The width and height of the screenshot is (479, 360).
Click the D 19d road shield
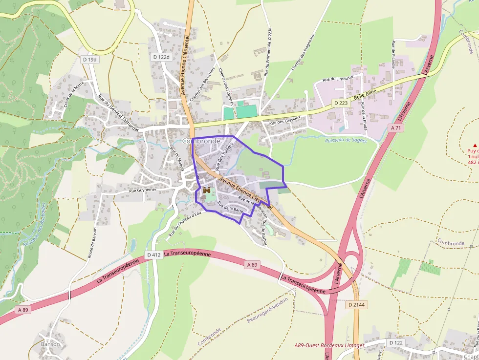click(x=89, y=60)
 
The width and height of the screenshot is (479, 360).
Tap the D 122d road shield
click(x=161, y=57)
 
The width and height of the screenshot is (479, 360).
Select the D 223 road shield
click(x=342, y=104)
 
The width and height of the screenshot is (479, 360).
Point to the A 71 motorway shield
click(x=396, y=127)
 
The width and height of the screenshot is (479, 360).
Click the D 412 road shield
click(x=153, y=255)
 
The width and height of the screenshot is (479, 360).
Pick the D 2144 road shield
click(x=357, y=304)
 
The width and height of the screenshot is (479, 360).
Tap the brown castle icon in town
click(x=207, y=190)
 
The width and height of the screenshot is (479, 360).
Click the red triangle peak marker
click(x=475, y=145)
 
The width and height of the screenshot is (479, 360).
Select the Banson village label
click(x=50, y=344)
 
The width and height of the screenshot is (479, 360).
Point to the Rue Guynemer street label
click(x=143, y=190)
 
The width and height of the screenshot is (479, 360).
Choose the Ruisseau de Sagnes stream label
click(x=346, y=141)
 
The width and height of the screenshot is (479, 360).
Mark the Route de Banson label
click(x=90, y=242)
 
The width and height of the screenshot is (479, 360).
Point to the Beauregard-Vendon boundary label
click(x=267, y=309)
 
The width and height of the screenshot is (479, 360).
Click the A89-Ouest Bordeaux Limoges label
click(x=329, y=345)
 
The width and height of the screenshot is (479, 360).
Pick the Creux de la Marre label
click(x=74, y=96)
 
